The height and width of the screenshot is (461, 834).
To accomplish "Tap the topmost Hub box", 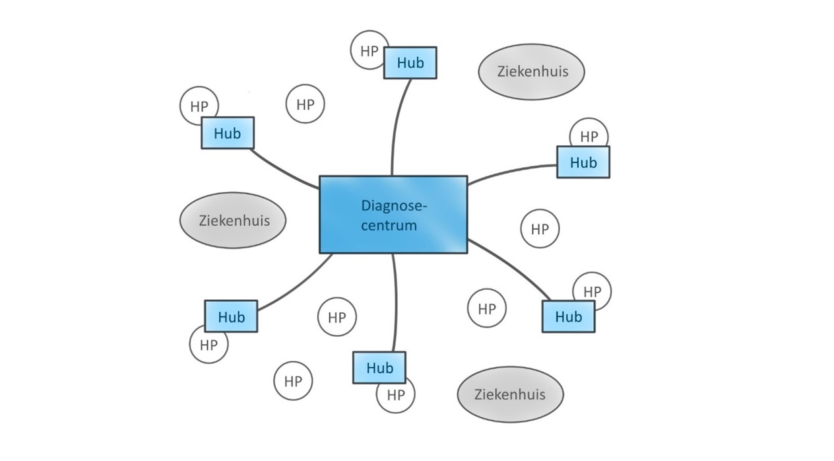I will pos(410,63).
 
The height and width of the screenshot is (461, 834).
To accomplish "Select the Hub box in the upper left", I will pos(227,133).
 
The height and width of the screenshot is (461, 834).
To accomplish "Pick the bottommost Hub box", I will pos(379,368).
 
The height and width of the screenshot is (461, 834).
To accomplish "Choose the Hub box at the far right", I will pos(583,162).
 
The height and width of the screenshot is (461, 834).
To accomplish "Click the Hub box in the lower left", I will pos(230,316).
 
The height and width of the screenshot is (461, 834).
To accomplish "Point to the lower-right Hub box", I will pos(567,316).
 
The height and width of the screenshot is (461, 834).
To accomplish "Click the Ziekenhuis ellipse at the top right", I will pos(531,71).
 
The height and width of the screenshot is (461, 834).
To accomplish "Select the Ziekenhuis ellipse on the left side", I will pos(233,220).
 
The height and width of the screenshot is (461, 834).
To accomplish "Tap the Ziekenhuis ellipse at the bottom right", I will pos(510,394).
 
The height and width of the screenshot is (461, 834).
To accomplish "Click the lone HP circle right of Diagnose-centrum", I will pos(540,229).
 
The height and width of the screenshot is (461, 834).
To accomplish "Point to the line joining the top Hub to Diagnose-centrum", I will pos(396,125).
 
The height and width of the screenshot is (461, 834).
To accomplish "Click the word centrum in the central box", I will pos(393,225).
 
